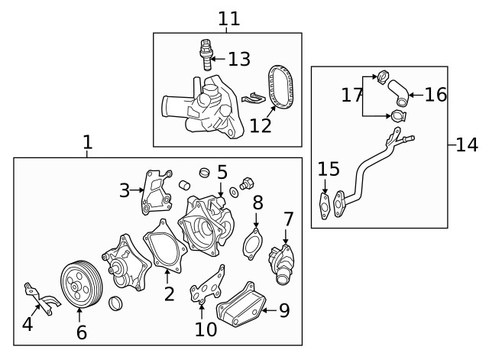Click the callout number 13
[x=239, y=59]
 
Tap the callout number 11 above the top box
[x=228, y=18]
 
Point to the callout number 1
[x=87, y=142]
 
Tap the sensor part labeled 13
[x=205, y=53]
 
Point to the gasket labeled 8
[x=252, y=245]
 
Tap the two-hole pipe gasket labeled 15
[x=326, y=203]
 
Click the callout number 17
[x=351, y=96]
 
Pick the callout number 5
[x=222, y=172]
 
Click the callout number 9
[x=284, y=310]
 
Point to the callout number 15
[x=328, y=169]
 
